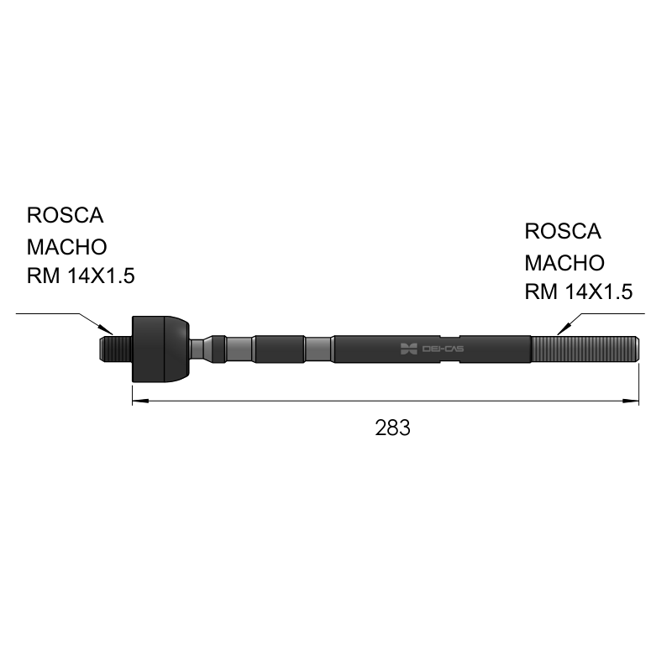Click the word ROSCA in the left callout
coord(66,215)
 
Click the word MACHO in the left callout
coord(67,247)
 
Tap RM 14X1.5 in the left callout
coord(81,276)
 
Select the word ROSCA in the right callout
coord(563,232)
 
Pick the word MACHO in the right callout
coord(564,263)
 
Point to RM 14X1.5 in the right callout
coord(579,291)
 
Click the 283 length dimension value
coord(392,428)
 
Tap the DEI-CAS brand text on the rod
coord(443,349)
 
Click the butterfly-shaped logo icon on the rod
coord(408,349)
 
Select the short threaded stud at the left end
coord(116,349)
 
